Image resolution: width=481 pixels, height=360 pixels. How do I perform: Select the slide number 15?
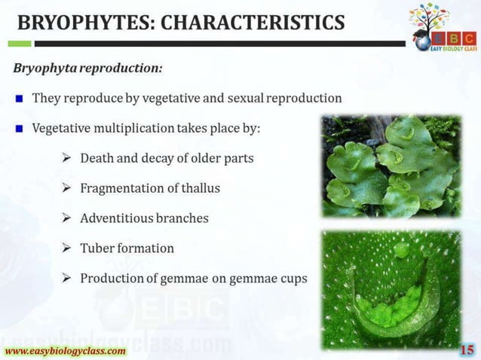(x=467, y=349)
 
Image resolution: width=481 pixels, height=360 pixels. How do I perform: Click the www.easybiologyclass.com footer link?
(x=66, y=351)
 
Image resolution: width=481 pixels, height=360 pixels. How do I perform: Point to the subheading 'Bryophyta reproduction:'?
(x=87, y=69)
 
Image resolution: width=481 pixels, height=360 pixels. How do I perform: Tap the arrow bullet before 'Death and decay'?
(x=66, y=158)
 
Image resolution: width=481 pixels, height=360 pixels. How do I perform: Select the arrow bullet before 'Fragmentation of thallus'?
(x=66, y=188)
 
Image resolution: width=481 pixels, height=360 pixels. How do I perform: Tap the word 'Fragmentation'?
(x=122, y=188)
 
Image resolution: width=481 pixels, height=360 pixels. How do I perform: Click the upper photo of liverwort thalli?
(x=391, y=166)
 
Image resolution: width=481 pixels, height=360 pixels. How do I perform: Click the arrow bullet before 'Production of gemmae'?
(x=66, y=278)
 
